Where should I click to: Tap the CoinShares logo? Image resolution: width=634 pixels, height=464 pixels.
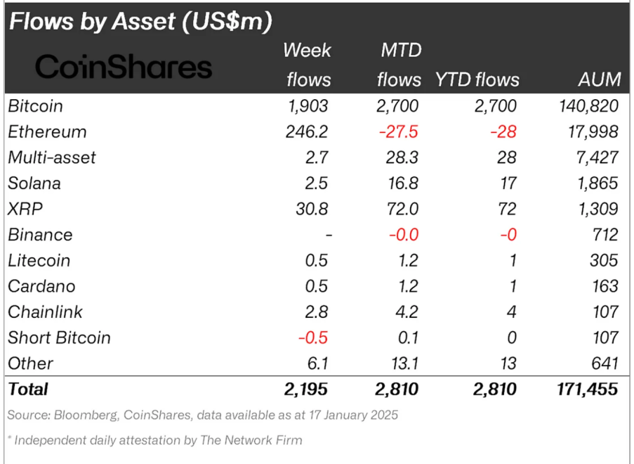tap(124, 67)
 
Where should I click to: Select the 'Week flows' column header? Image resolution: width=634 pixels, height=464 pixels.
tap(308, 65)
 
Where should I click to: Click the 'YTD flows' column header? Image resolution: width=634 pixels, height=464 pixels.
tap(477, 79)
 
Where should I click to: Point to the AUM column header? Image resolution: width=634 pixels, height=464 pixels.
tap(600, 79)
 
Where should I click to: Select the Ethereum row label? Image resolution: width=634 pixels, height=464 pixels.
tap(47, 132)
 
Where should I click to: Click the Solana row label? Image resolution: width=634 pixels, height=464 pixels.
tap(34, 183)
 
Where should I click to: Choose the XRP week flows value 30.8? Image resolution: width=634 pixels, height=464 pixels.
tap(312, 209)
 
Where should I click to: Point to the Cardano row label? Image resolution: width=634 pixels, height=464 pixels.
tap(41, 286)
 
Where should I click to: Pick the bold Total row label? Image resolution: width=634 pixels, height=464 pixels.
tap(28, 389)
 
